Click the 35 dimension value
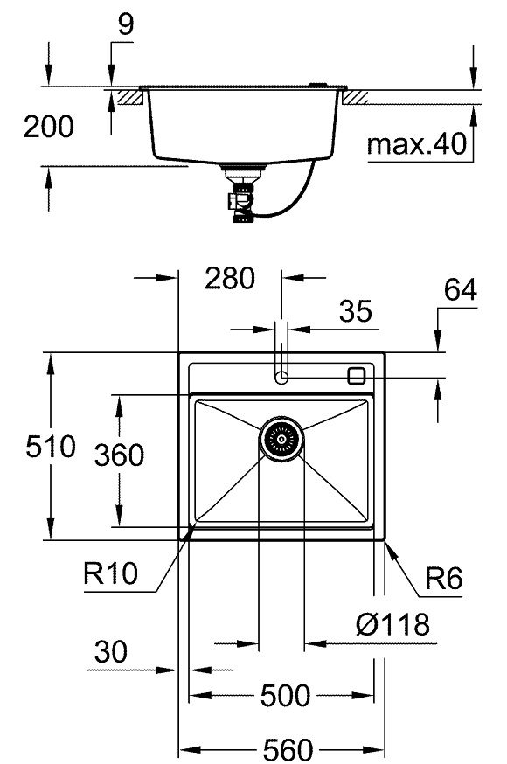click(x=355, y=310)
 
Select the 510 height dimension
click(x=26, y=448)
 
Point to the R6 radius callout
click(x=444, y=577)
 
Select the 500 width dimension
click(x=285, y=696)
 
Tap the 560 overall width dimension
click(x=286, y=748)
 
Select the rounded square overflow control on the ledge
click(x=356, y=376)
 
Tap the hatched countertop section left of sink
click(x=131, y=97)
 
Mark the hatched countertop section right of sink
click(x=358, y=97)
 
